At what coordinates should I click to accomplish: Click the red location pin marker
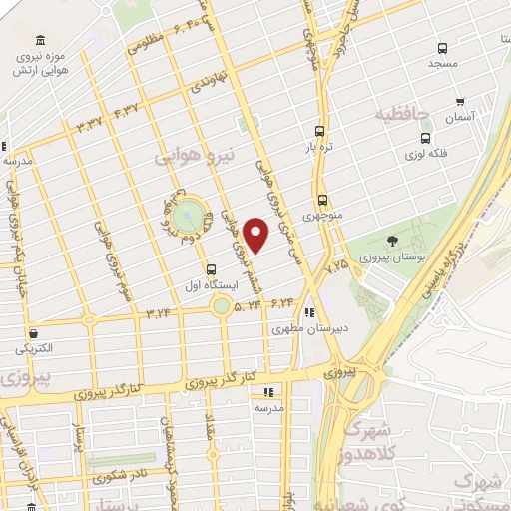256,235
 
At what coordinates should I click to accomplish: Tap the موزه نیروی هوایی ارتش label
40,64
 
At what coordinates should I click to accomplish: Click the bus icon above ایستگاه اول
210,269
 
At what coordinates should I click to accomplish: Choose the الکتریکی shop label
35,349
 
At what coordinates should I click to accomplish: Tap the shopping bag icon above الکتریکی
35,333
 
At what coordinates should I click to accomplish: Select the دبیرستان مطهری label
311,326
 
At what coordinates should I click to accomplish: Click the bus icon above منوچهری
322,199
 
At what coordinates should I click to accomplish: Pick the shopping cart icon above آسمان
459,101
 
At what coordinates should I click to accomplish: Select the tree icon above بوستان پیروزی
391,241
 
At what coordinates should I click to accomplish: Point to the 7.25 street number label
337,265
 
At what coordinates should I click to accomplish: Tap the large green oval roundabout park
187,215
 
